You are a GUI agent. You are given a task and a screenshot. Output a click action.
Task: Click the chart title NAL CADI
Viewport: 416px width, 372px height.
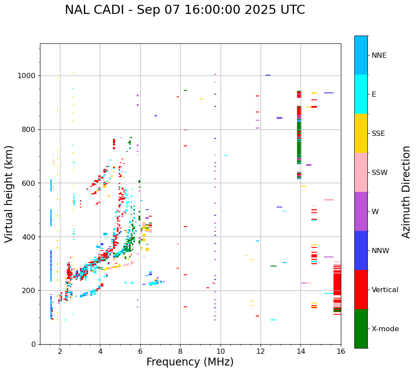click(x=185, y=10)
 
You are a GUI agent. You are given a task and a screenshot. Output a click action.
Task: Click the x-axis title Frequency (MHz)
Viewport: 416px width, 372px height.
click(x=190, y=362)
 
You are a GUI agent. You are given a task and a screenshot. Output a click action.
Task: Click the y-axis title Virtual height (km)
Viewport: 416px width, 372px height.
click(x=9, y=194)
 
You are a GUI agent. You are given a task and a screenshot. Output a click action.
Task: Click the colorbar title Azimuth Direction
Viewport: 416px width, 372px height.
click(x=406, y=192)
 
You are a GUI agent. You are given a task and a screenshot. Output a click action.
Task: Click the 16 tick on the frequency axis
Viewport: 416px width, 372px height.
click(x=341, y=351)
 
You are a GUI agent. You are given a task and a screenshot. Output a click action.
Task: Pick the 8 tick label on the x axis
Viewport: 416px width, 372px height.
click(x=180, y=351)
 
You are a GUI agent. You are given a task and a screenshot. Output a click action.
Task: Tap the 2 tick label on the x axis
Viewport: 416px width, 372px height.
click(x=60, y=351)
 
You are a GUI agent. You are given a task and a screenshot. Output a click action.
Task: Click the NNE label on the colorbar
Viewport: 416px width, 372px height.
click(x=379, y=56)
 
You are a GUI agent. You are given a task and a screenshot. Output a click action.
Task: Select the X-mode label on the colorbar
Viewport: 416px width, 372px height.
click(x=385, y=329)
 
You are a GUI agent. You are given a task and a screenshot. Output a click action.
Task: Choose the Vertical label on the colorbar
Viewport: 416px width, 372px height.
click(x=385, y=290)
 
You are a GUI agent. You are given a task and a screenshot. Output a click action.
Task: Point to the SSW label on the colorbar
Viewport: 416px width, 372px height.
click(x=380, y=173)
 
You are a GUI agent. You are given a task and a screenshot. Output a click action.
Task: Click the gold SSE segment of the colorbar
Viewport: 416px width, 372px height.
click(x=361, y=133)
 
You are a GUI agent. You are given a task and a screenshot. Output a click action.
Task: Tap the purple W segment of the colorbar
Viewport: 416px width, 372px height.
click(x=361, y=211)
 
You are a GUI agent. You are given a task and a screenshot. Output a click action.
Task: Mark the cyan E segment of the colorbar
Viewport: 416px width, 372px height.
click(x=361, y=94)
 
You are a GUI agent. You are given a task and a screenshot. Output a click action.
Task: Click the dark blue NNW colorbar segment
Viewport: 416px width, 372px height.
click(x=361, y=250)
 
